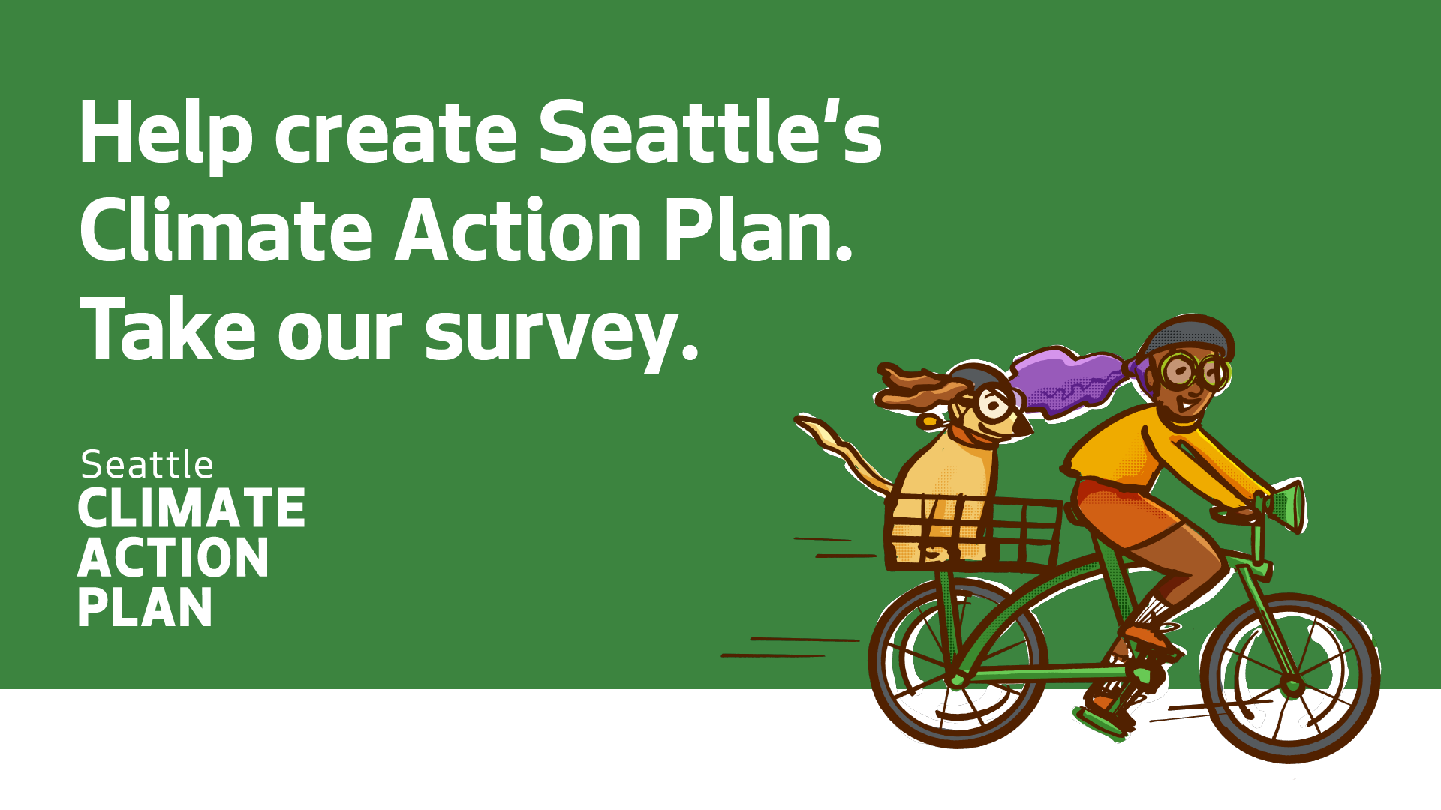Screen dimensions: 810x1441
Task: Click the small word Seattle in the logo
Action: click(x=147, y=466)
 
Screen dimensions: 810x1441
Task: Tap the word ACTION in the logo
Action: click(x=173, y=559)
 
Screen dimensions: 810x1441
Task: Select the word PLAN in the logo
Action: click(x=145, y=608)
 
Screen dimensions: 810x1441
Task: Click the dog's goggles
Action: click(x=994, y=405)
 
